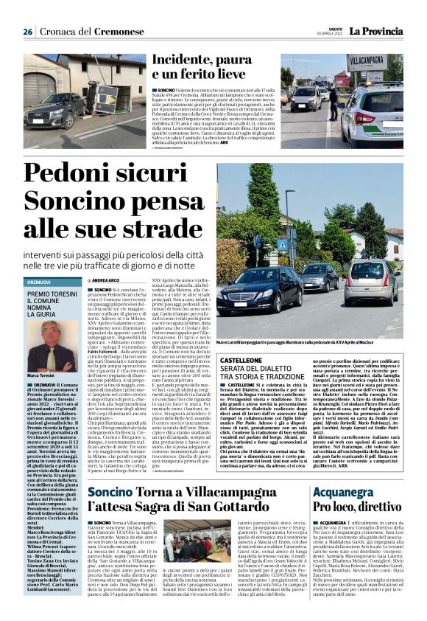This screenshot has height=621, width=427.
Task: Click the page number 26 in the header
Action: pos(27,32)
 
